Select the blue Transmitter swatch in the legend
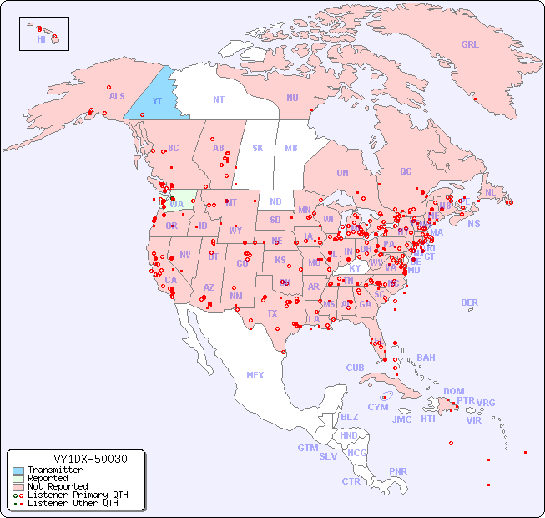[18, 470]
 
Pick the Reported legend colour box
[18, 479]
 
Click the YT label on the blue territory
[156, 101]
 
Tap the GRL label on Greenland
[470, 45]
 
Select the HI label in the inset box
[41, 39]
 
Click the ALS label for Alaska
[117, 96]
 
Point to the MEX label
[255, 375]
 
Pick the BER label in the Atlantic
[470, 302]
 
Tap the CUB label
[355, 368]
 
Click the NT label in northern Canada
[219, 99]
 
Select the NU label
[292, 98]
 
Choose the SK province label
[258, 148]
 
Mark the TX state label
[271, 314]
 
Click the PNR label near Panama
[398, 471]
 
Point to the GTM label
[307, 448]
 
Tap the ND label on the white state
[275, 201]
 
